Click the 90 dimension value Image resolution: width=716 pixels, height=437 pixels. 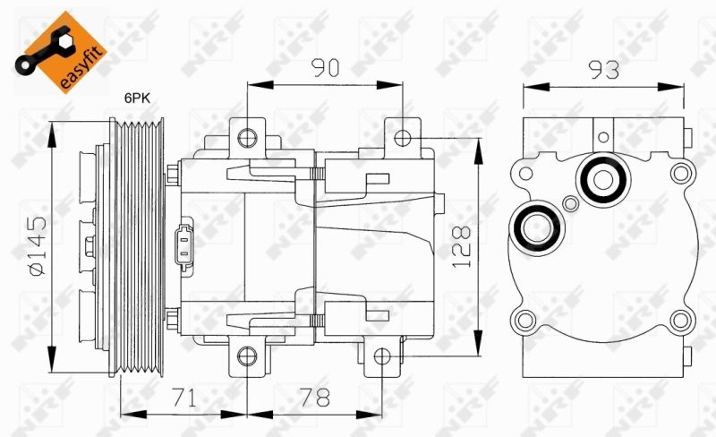[326, 68]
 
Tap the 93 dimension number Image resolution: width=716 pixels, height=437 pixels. [603, 70]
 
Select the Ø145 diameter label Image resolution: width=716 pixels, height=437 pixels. [38, 245]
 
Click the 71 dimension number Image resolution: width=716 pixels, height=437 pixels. [184, 398]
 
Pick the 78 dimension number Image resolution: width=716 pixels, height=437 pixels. [314, 398]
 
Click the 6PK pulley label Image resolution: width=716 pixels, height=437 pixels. [138, 99]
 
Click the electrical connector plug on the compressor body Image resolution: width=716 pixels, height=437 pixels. [184, 244]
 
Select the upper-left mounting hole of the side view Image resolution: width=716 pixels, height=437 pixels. [247, 138]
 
